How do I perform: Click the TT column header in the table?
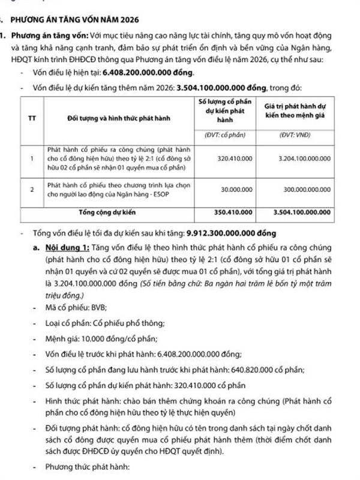point(32,118)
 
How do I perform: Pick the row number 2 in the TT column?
point(32,189)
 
